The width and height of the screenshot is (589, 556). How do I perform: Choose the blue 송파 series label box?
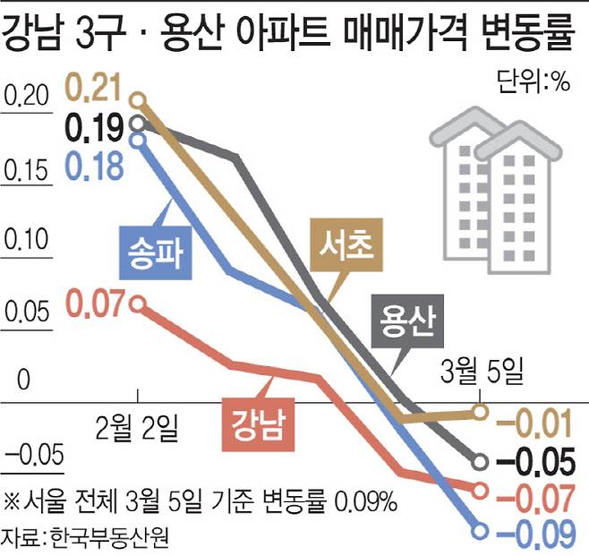click(156, 252)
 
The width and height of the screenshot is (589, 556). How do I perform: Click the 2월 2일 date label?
click(138, 424)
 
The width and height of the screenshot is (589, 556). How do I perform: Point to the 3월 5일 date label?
click(480, 368)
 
